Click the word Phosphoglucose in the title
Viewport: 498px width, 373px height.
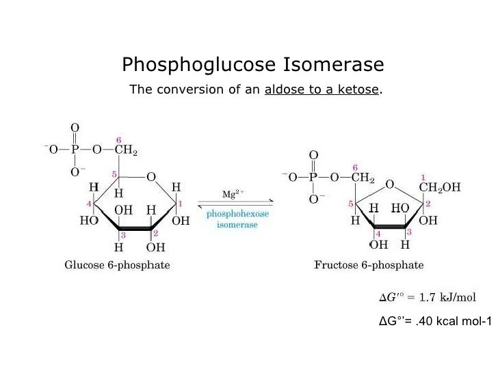coord(198,66)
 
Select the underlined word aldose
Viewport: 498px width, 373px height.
coord(282,90)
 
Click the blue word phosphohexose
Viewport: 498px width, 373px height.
coord(238,214)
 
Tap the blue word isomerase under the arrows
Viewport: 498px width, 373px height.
coord(237,225)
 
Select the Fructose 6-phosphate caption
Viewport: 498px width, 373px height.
coord(369,265)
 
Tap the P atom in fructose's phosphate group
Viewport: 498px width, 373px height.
coord(313,178)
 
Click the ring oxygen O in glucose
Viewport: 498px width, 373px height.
coord(150,176)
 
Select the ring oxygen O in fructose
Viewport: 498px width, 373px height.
coord(389,184)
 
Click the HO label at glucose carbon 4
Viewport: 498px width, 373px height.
coord(88,221)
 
